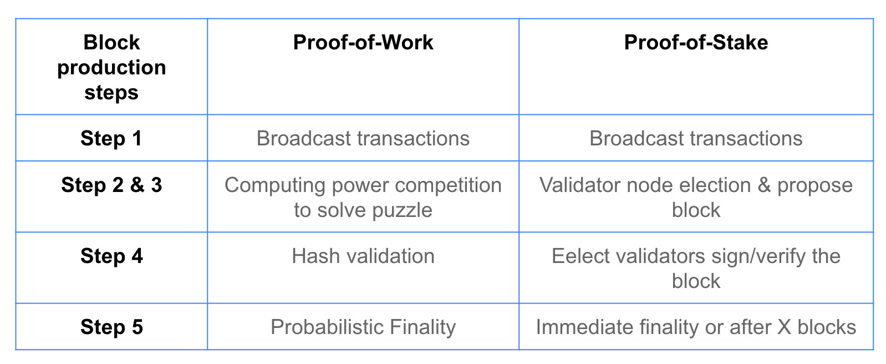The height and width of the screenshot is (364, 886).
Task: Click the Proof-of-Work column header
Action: tap(363, 42)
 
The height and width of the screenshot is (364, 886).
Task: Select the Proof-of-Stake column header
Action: tap(696, 42)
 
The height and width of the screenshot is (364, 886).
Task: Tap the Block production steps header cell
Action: tap(111, 67)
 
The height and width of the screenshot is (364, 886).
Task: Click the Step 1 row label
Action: tap(111, 139)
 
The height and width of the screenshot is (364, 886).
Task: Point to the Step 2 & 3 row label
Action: tap(111, 185)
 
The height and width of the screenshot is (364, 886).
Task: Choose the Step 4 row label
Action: tap(111, 256)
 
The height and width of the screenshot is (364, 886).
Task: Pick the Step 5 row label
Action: tap(111, 327)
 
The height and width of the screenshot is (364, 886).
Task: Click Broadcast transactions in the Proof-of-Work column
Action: tap(363, 139)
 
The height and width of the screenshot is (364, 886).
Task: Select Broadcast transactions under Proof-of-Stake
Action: tap(696, 139)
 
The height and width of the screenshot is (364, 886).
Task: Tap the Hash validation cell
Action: tap(363, 256)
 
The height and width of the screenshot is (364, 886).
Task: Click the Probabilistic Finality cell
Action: tap(363, 327)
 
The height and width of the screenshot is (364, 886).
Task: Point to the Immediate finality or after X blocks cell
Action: tap(696, 327)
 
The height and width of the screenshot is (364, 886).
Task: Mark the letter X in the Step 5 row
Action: tap(785, 327)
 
